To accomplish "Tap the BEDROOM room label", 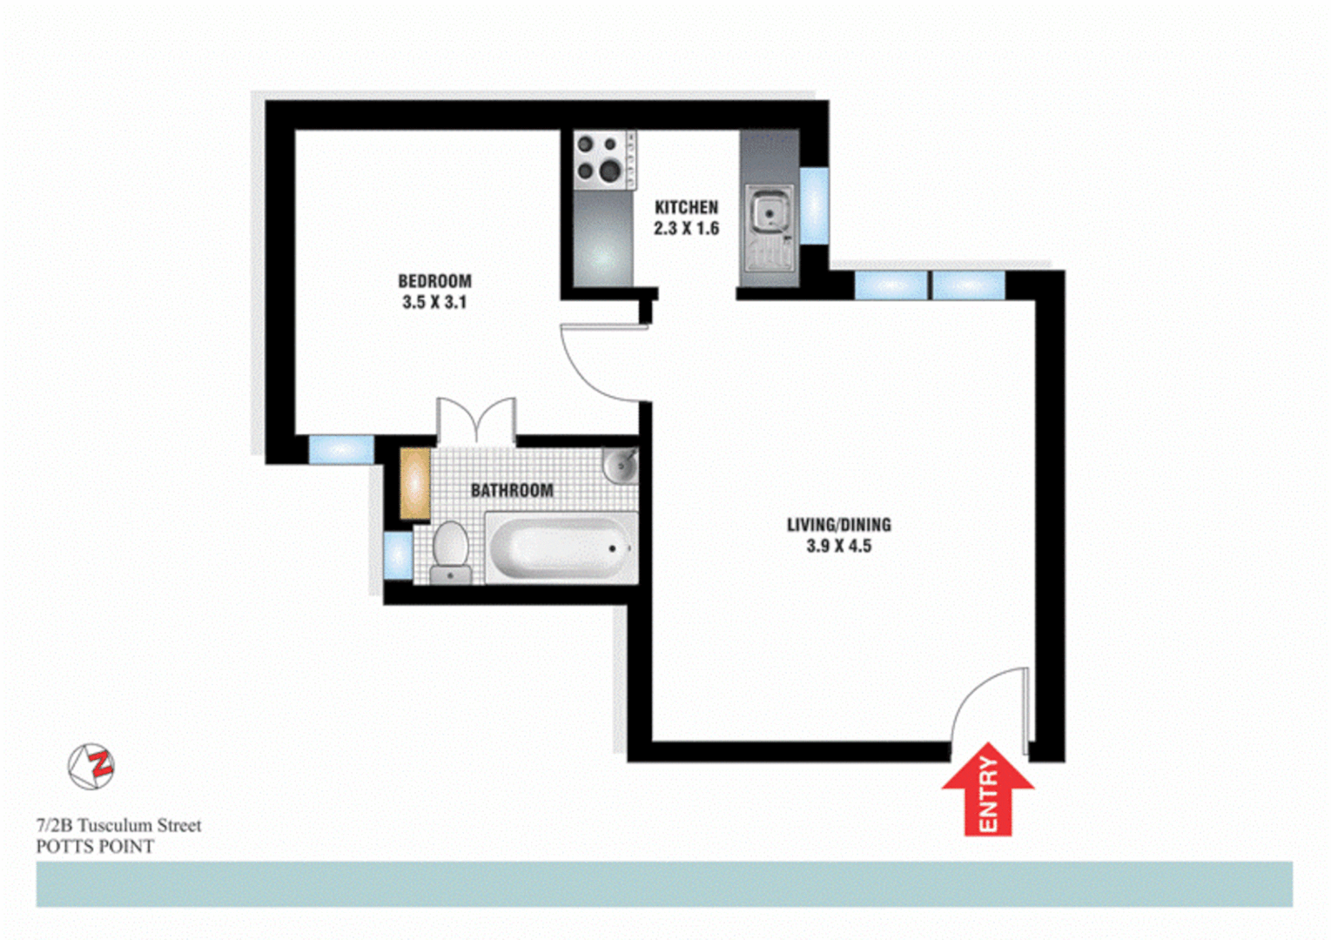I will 434,281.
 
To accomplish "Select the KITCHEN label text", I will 686,207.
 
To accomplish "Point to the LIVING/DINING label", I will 838,525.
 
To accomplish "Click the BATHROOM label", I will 512,490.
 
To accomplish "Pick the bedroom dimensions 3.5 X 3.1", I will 434,303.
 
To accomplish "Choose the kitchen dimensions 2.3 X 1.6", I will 686,229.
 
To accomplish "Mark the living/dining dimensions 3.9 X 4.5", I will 838,547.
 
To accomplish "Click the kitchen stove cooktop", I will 604,159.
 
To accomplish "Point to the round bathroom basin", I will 621,465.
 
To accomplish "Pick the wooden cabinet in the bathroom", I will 415,484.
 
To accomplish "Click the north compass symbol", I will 91,767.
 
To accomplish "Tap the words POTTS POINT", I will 95,847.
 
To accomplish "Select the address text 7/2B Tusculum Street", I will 118,825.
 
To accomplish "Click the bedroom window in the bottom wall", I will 341,450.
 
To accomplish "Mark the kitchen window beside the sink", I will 814,205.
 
